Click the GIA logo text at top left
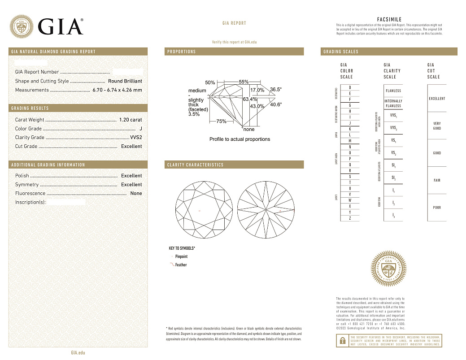[61, 26]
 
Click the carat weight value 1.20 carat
[130, 120]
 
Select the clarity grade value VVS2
[135, 138]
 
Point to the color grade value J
[141, 129]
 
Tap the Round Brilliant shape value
[125, 81]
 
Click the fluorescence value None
[136, 194]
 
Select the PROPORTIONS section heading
[182, 52]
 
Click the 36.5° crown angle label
[276, 90]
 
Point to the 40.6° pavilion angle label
[276, 104]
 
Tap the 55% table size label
[244, 82]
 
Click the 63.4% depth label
[250, 99]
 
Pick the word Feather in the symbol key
[181, 265]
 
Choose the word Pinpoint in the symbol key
[182, 257]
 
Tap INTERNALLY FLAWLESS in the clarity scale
[393, 104]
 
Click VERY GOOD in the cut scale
[437, 126]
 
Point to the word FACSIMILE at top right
[389, 20]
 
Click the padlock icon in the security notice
[342, 340]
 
